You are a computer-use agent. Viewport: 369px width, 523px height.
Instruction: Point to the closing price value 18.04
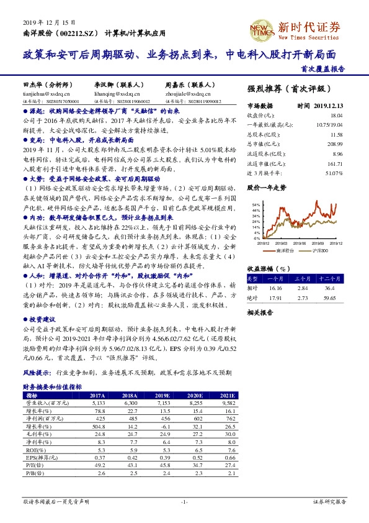(x=336, y=116)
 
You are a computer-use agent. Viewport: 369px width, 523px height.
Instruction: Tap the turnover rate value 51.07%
(x=335, y=172)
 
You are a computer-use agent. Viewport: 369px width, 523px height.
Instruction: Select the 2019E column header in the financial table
(x=162, y=394)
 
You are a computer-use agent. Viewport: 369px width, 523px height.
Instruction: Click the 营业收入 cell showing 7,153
(x=162, y=402)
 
